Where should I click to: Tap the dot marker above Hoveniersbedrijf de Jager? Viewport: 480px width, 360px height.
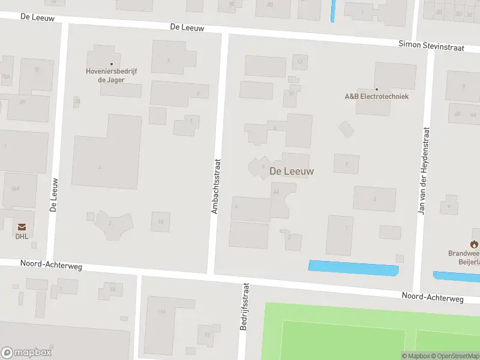click(x=111, y=64)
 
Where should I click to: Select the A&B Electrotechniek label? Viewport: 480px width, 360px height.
click(x=377, y=96)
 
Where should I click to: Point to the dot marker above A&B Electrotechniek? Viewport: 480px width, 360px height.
click(x=377, y=88)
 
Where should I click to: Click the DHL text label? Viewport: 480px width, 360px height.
click(x=22, y=236)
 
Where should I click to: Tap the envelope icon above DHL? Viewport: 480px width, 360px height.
click(x=22, y=227)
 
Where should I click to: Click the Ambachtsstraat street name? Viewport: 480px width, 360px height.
click(x=216, y=187)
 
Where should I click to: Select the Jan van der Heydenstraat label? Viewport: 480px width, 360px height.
click(x=427, y=171)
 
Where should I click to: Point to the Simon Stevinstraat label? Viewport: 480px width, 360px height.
click(x=431, y=46)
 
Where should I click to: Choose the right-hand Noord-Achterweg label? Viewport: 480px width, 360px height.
click(x=433, y=297)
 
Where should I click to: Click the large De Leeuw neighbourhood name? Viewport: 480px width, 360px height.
click(x=292, y=171)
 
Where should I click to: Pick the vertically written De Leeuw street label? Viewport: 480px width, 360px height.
click(x=54, y=194)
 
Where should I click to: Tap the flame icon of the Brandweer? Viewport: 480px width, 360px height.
click(x=474, y=244)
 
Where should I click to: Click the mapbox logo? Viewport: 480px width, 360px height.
click(x=26, y=352)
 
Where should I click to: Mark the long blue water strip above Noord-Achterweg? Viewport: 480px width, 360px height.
click(x=353, y=268)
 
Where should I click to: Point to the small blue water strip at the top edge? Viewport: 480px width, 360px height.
click(x=333, y=11)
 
